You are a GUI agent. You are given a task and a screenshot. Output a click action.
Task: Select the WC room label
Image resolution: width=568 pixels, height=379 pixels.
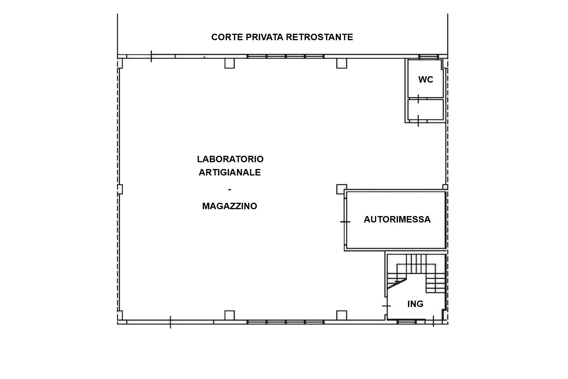coord(426,80)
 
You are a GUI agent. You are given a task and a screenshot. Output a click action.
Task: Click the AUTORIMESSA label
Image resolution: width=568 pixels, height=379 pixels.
coord(397,219)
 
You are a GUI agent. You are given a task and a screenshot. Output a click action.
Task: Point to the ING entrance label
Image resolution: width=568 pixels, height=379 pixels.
coord(415,304)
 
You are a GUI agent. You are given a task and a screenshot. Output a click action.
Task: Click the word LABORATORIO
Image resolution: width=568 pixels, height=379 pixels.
coord(230,159)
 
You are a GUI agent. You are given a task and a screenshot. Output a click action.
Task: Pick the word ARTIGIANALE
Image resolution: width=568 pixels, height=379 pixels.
coord(230,172)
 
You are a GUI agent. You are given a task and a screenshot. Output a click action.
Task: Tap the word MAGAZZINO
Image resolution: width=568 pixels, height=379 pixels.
coord(230,206)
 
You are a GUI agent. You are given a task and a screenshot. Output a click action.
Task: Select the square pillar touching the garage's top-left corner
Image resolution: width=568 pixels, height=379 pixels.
coord(341,189)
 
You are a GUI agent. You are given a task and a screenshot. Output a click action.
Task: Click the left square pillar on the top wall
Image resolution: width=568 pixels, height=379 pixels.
coord(229,63)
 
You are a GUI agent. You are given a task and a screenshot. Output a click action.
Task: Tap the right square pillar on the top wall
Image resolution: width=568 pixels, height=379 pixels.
coord(342,63)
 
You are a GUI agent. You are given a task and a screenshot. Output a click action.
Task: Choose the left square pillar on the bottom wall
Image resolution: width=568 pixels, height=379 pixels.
coord(229,315)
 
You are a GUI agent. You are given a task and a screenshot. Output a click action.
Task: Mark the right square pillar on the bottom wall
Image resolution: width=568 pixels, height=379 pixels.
coord(342,315)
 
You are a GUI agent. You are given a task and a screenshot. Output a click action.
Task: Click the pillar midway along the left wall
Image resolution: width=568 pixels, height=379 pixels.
coord(120,189)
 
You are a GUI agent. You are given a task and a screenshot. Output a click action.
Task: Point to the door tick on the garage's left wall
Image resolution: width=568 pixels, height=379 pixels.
coord(345,222)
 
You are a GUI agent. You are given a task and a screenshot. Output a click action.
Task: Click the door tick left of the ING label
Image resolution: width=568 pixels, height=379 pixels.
coord(386,306)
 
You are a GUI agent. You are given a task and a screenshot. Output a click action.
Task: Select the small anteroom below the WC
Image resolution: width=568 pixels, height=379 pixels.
coord(426,110)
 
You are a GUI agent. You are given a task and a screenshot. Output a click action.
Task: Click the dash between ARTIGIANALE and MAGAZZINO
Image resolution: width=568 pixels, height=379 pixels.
coord(230,189)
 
